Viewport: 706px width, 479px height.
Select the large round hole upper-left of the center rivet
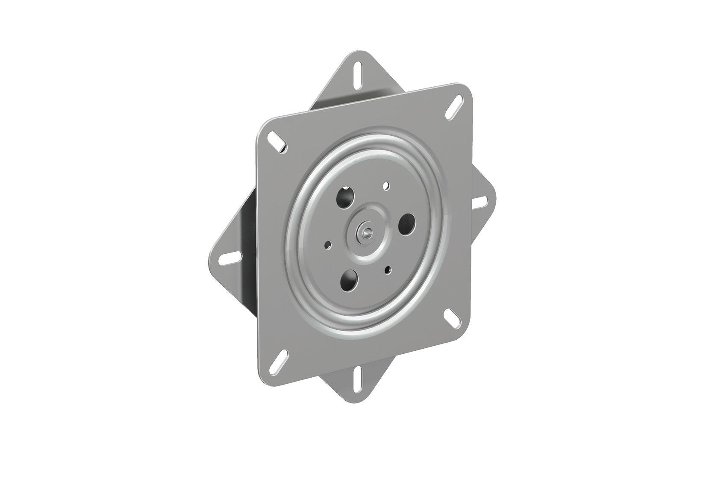pyautogui.click(x=347, y=197)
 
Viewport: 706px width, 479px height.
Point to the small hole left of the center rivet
pyautogui.click(x=328, y=245)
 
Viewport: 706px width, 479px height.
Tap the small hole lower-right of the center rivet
pyautogui.click(x=388, y=269)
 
